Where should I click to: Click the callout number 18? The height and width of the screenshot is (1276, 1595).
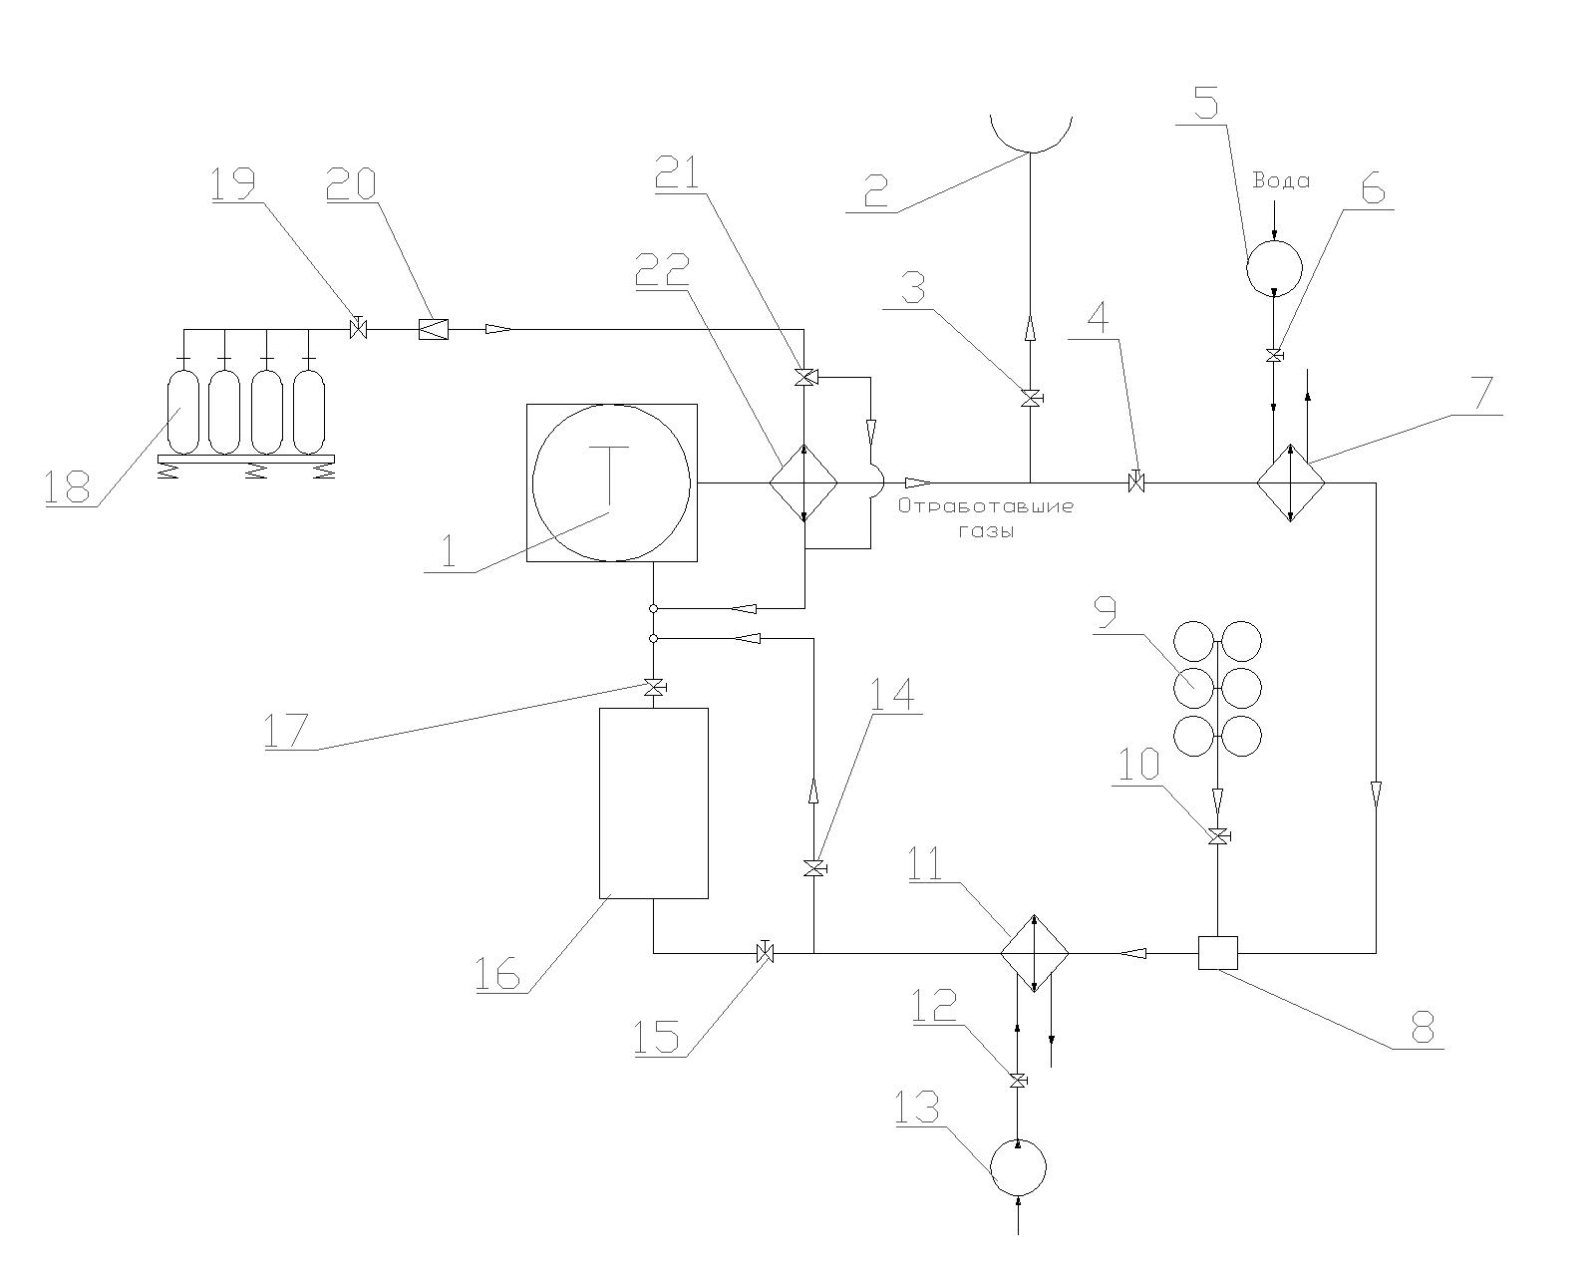tap(67, 485)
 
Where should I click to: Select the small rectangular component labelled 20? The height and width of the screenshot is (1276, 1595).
tap(433, 328)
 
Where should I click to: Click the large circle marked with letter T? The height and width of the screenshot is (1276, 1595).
tap(610, 482)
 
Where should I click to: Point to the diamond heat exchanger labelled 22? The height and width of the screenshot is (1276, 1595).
tap(803, 483)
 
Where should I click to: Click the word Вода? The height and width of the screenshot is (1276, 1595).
tap(1281, 181)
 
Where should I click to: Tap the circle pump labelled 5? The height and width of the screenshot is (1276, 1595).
tap(1274, 266)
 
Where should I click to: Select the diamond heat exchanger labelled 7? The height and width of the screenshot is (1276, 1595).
tap(1291, 483)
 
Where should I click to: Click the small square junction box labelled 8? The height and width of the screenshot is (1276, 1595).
tap(1217, 953)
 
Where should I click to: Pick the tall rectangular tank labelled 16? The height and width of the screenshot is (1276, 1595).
tap(653, 802)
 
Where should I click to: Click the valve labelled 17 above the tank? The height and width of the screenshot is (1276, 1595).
tap(654, 687)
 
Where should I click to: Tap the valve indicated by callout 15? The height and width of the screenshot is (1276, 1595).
tap(766, 953)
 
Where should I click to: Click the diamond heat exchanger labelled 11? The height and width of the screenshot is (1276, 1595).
tap(1035, 953)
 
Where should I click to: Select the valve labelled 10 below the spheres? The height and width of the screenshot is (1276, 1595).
tap(1217, 836)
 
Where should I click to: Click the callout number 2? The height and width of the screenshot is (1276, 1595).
tap(875, 189)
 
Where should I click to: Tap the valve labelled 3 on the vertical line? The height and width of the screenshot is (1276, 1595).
tap(1030, 399)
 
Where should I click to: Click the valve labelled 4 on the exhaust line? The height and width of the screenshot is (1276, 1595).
tap(1135, 483)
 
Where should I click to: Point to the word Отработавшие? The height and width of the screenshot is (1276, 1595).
tap(985, 506)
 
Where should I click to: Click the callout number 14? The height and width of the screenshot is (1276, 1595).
tap(889, 694)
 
